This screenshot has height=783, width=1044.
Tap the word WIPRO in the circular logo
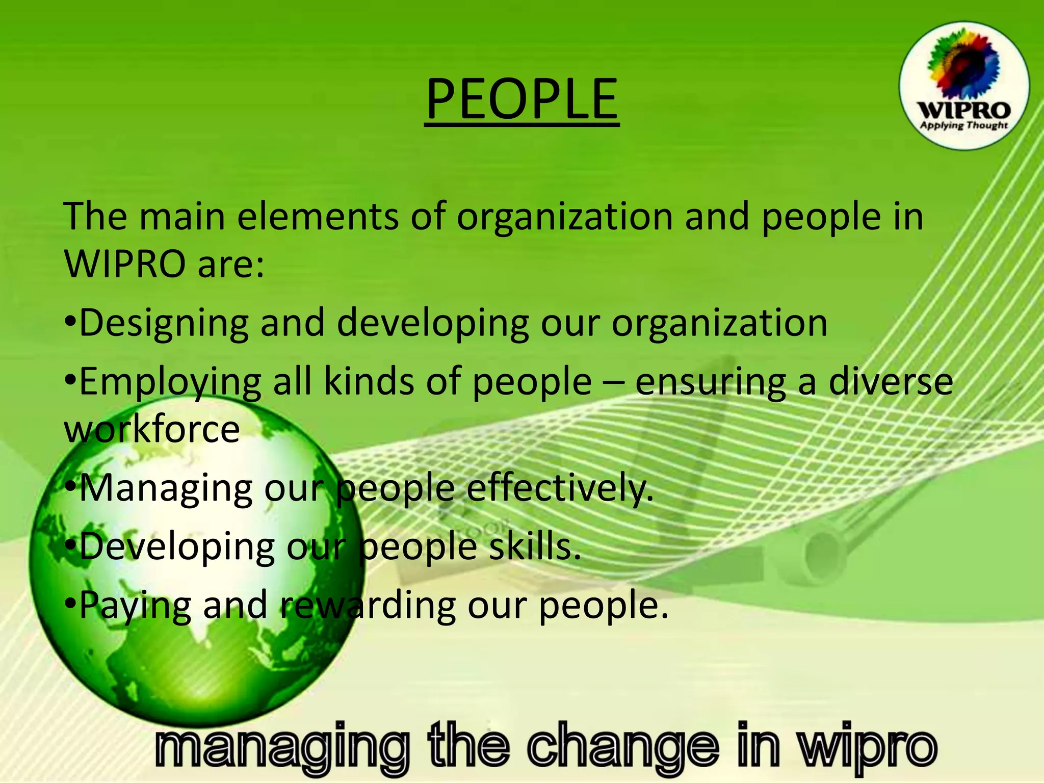(x=963, y=110)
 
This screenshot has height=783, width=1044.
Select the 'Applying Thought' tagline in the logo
(x=963, y=125)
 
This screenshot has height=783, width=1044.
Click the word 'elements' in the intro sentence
(x=318, y=217)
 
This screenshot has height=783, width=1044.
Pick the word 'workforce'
(x=151, y=429)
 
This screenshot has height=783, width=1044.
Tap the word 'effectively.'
(x=560, y=488)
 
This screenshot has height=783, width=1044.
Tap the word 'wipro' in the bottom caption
(x=867, y=746)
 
